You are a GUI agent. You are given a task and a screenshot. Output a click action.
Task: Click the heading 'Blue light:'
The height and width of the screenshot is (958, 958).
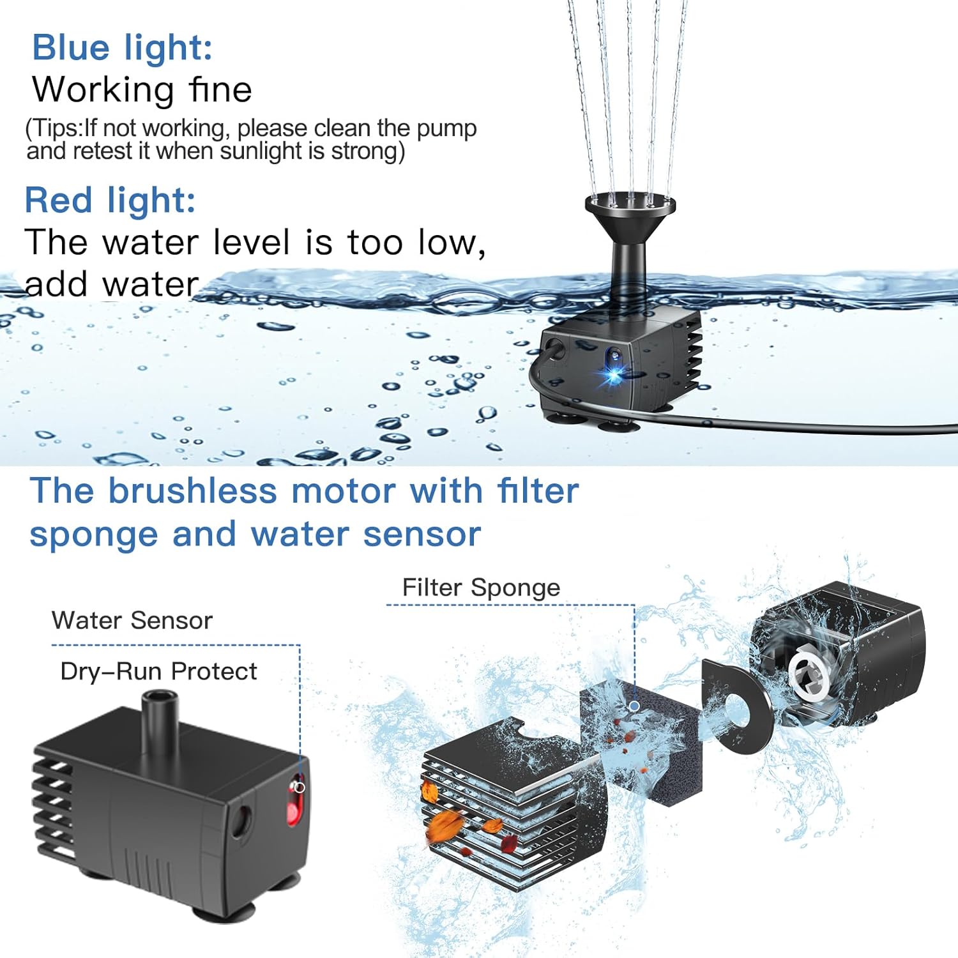[122, 48]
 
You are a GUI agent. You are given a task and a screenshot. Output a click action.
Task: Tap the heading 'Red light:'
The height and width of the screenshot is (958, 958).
[110, 200]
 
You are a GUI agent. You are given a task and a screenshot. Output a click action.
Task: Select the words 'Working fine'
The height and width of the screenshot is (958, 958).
[142, 89]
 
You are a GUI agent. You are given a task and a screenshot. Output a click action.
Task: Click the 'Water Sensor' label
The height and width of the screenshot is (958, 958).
[132, 621]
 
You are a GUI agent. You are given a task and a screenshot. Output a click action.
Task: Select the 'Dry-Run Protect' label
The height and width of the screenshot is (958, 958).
[158, 672]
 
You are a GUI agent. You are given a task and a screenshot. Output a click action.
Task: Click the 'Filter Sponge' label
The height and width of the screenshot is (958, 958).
[481, 588]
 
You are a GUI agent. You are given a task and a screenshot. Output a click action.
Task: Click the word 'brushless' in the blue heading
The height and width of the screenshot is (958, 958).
[192, 491]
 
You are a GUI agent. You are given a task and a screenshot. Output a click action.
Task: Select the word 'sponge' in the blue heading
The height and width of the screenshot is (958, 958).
[93, 535]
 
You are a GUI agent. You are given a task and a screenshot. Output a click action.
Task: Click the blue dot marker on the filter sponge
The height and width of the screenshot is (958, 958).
[634, 706]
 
